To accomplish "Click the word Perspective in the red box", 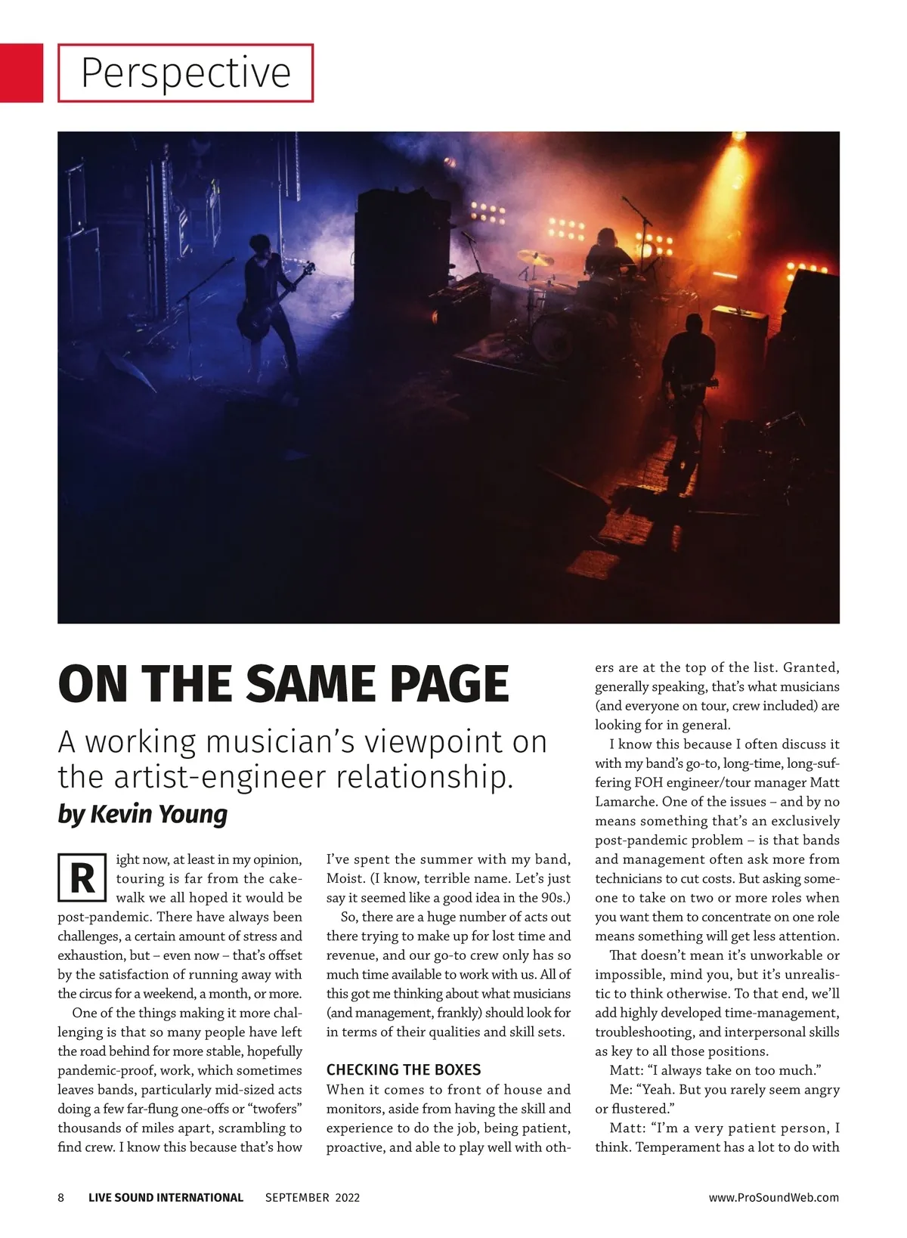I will [x=185, y=73].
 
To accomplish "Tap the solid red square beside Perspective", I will [x=21, y=73].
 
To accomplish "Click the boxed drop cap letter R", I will [x=81, y=879].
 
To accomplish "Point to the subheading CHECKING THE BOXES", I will [x=404, y=1069].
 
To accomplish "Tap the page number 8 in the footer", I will [x=61, y=1197].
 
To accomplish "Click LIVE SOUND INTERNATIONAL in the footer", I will [x=166, y=1197].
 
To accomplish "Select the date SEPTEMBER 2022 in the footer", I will [x=312, y=1197].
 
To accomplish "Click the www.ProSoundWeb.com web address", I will [x=774, y=1197].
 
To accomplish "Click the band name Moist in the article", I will [x=344, y=879].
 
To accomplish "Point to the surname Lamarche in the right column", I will [x=626, y=802].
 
